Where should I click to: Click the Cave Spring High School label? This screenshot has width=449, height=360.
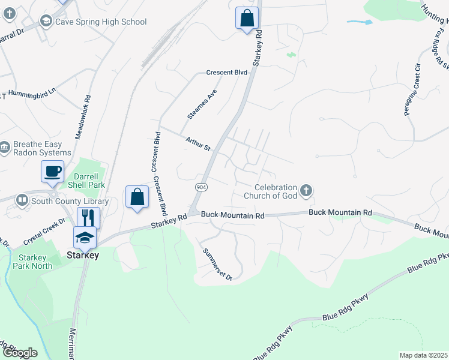point(101,22)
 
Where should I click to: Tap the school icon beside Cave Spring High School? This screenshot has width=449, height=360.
point(46,22)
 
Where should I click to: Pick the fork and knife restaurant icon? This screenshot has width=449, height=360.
point(89,217)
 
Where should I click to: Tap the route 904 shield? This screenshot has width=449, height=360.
point(198,188)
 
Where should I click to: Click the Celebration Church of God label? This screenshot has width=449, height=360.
point(271,191)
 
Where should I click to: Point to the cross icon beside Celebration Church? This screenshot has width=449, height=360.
point(306,191)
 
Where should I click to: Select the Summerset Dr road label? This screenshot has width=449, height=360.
point(217,264)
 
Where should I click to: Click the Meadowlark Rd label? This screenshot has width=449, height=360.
point(82,118)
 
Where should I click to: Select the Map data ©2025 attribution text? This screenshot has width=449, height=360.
point(423,355)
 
